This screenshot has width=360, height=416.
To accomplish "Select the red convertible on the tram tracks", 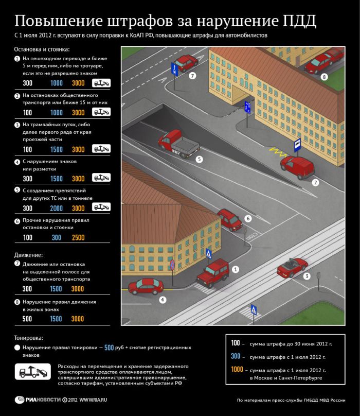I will (292, 267).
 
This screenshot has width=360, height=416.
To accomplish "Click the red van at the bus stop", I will (297, 168).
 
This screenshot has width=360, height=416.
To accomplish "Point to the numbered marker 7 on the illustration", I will (192, 76).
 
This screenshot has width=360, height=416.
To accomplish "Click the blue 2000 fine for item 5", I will (57, 209).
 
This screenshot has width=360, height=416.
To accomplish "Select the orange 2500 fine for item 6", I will (78, 238).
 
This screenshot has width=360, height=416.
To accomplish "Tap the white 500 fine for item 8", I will (27, 319).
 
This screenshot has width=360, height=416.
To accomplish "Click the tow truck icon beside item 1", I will (101, 83).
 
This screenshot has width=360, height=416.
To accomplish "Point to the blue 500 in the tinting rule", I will (109, 348).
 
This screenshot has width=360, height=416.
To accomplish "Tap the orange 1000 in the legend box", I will (237, 370).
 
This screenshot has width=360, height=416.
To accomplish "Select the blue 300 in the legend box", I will (236, 356).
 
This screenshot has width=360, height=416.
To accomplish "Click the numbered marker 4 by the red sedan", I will (162, 299).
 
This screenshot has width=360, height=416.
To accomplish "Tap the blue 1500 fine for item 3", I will (57, 149).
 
